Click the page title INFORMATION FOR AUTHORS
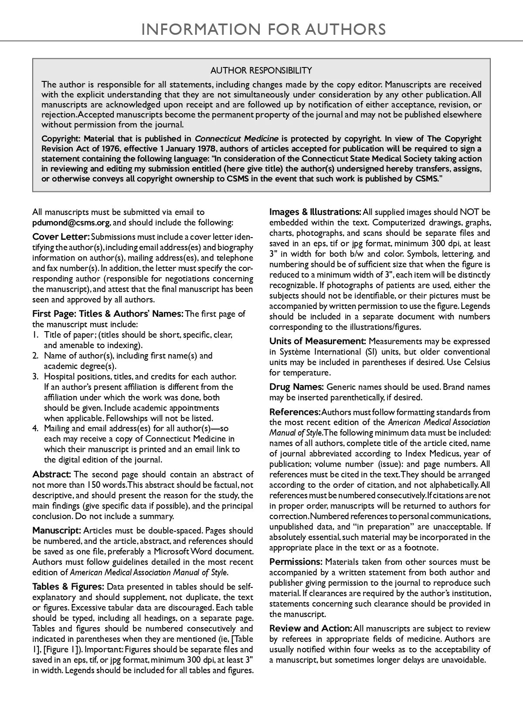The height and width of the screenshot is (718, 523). [264, 29]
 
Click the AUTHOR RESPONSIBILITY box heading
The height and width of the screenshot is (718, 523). [261, 70]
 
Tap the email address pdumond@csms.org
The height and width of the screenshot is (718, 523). [71, 223]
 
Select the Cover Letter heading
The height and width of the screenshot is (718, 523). [61, 237]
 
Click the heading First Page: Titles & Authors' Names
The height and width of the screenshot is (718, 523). [108, 314]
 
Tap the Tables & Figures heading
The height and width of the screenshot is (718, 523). [68, 587]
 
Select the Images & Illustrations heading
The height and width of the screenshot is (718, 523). [315, 212]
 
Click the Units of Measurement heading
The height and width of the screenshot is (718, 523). [317, 342]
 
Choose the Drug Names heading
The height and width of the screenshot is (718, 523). [296, 387]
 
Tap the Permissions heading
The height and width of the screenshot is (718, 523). [295, 562]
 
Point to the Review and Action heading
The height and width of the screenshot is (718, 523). [310, 629]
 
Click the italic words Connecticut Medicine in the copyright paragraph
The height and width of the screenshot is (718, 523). [236, 139]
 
